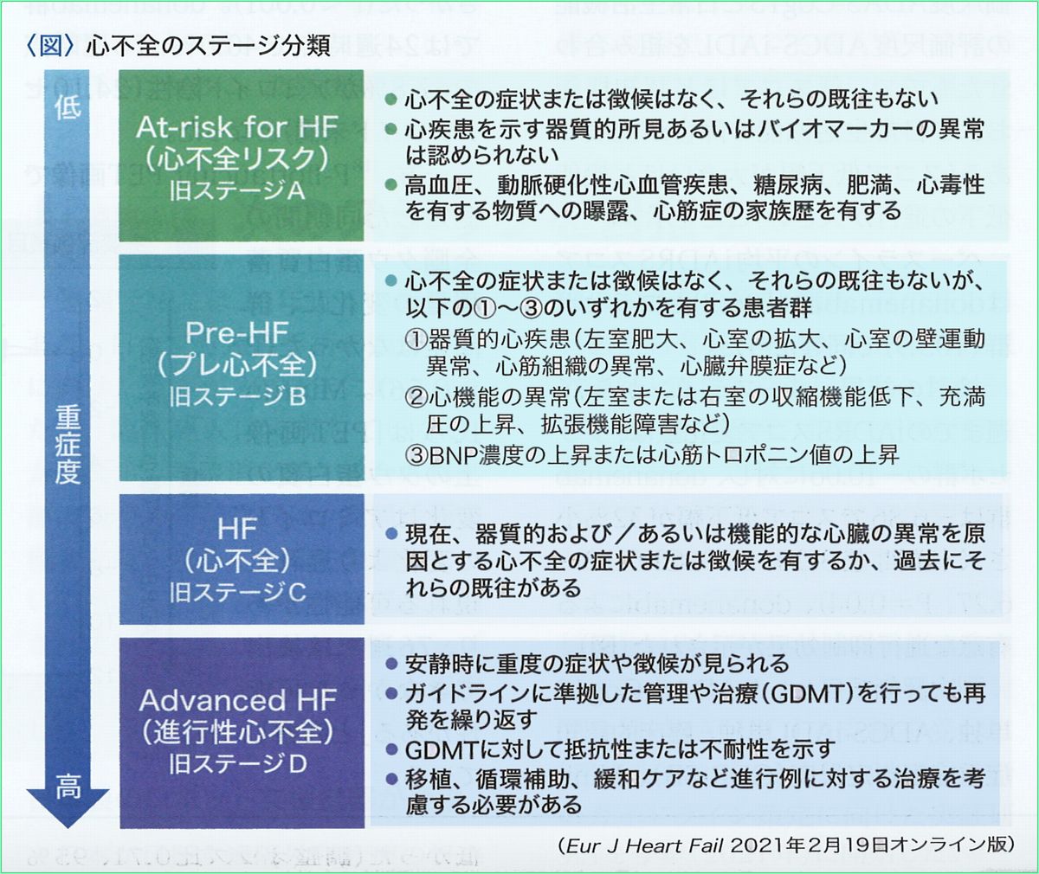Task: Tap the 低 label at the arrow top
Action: point(68,107)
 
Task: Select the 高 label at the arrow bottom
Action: point(68,787)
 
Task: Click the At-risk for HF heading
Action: point(236,127)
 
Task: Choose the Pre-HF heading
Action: point(236,331)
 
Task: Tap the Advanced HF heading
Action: point(237,699)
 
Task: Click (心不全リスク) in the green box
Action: point(236,159)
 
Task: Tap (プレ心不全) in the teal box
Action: point(237,364)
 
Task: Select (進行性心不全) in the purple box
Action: point(237,732)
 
